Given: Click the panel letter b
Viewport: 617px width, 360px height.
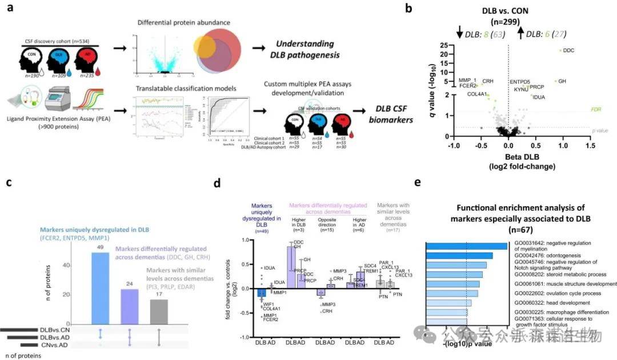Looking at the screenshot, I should coord(424,9).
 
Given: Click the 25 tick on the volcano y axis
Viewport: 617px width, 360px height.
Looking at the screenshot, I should coord(441,45).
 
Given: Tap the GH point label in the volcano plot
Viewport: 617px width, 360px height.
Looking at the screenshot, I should coord(562,81).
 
